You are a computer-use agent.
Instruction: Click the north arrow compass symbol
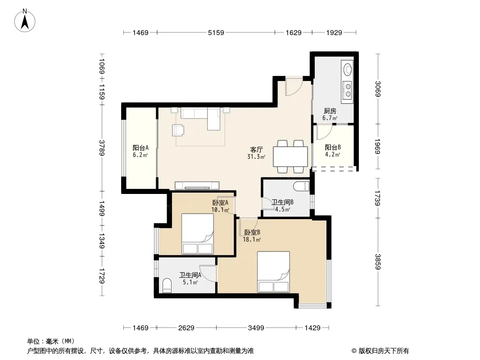(25, 21)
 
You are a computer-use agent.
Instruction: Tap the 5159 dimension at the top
(216, 32)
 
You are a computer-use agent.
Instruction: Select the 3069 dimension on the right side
(378, 89)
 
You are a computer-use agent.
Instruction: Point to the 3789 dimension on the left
(102, 148)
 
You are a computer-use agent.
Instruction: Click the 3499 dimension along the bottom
(256, 328)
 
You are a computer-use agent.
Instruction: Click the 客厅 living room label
(256, 149)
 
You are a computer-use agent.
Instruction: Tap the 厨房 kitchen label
(330, 111)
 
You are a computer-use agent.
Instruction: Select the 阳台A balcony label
(140, 148)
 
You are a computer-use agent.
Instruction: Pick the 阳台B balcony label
(333, 148)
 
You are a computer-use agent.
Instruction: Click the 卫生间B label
(282, 202)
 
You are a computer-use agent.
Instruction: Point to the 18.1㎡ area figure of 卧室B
(252, 240)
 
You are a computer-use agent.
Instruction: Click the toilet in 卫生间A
(167, 285)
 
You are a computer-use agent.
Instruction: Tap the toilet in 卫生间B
(301, 186)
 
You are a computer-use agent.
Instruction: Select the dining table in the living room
(290, 157)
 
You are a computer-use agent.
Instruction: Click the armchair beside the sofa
(178, 130)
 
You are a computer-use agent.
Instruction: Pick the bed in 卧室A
(198, 234)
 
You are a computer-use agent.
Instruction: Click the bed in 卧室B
(273, 272)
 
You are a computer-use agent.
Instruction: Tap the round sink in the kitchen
(348, 69)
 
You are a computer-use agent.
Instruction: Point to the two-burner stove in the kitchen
(348, 90)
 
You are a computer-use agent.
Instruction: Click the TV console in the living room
(197, 186)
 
